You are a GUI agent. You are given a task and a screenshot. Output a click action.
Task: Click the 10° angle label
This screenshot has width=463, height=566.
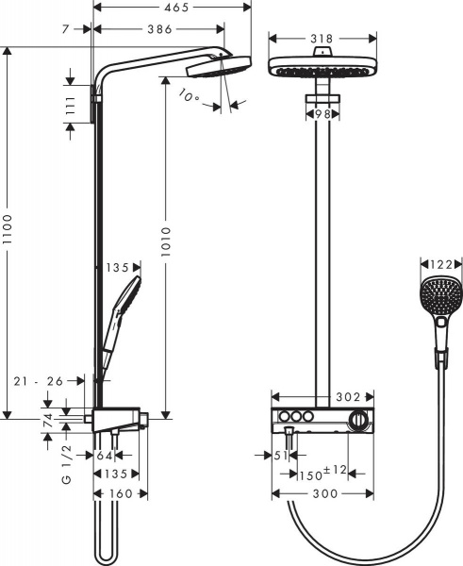coord(190,95)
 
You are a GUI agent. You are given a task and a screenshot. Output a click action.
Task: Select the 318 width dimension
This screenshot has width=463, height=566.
coord(322,40)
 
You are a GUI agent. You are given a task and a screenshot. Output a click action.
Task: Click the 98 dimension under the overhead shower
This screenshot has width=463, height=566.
coord(322,113)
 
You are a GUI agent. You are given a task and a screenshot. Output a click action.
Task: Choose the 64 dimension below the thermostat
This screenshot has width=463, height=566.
coord(106,455)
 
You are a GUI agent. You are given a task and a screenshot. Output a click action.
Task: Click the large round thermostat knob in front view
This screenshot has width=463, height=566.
coord(358,420)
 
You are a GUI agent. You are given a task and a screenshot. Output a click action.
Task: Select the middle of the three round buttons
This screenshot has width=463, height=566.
coord(295,418)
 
